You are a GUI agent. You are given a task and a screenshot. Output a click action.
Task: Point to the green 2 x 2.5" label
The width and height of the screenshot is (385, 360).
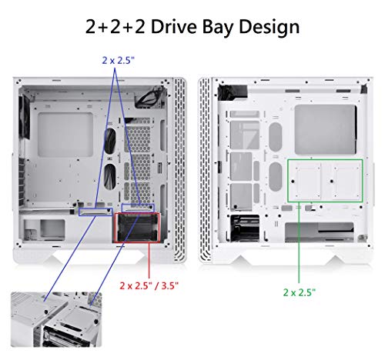pyautogui.click(x=300, y=292)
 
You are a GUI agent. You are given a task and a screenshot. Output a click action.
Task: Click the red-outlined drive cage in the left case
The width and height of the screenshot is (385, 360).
pyautogui.click(x=134, y=228)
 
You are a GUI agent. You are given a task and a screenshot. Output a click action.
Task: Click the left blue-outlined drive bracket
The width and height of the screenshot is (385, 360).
pyautogui.click(x=95, y=209)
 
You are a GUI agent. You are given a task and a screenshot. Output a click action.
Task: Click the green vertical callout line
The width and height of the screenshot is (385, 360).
pyautogui.click(x=300, y=246)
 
